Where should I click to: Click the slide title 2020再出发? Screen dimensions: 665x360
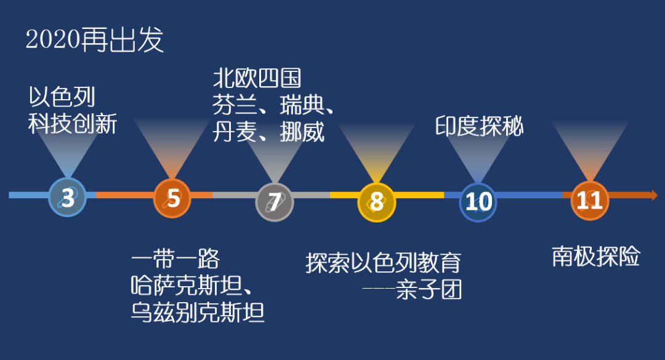pyautogui.click(x=95, y=40)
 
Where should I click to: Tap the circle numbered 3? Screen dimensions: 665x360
pyautogui.click(x=68, y=197)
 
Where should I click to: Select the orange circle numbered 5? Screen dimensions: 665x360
pyautogui.click(x=172, y=198)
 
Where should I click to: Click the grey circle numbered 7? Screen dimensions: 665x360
pyautogui.click(x=275, y=202)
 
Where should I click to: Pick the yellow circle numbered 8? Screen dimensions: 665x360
pyautogui.click(x=377, y=202)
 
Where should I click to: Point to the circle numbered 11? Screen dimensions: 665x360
pyautogui.click(x=589, y=201)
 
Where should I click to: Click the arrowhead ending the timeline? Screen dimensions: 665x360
pyautogui.click(x=653, y=195)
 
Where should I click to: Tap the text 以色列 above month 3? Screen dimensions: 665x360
pyautogui.click(x=62, y=97)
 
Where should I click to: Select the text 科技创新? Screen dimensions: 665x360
pyautogui.click(x=73, y=124)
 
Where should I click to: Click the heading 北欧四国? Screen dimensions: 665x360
pyautogui.click(x=257, y=78)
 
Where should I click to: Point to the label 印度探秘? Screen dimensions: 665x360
pyautogui.click(x=480, y=126)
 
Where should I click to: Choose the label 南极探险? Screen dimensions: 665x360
pyautogui.click(x=596, y=257)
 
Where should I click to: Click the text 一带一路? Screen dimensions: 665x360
pyautogui.click(x=175, y=258)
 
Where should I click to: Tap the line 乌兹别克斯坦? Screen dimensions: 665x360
pyautogui.click(x=198, y=313)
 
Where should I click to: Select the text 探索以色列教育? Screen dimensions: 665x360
pyautogui.click(x=384, y=263)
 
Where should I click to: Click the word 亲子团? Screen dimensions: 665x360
pyautogui.click(x=429, y=290)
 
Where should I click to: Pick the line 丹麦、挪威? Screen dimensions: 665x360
pyautogui.click(x=268, y=132)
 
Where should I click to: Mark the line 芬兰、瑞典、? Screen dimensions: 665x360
pyautogui.click(x=273, y=105)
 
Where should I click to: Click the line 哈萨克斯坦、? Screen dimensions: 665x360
pyautogui.click(x=192, y=286)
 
